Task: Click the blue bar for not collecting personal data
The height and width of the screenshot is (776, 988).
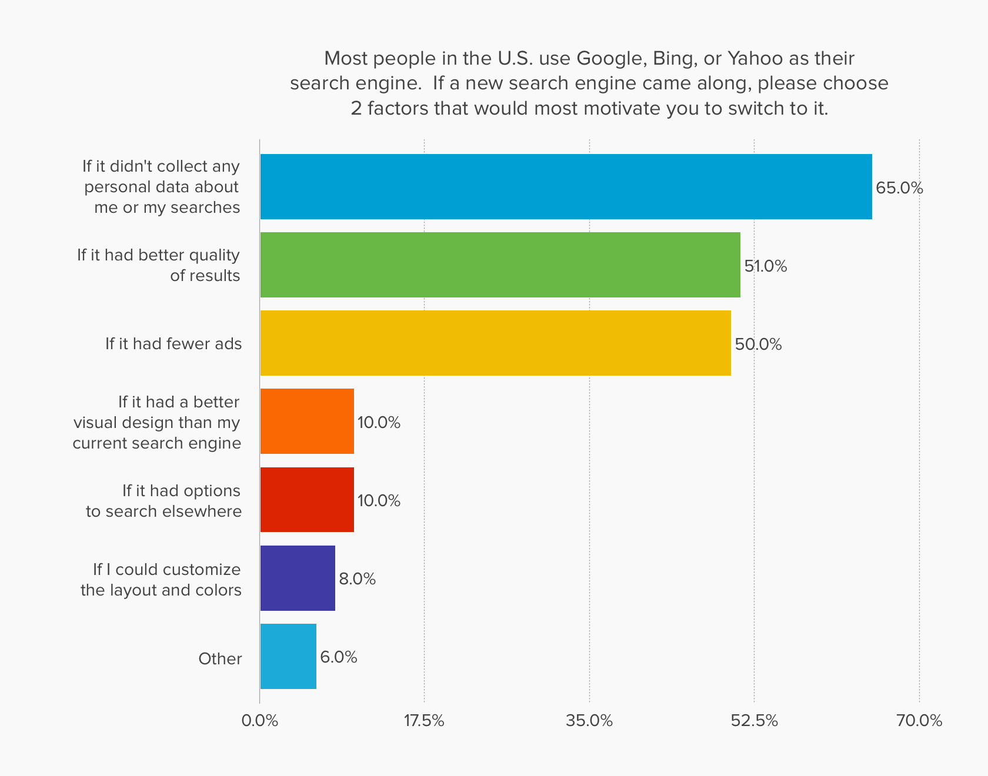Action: click(566, 186)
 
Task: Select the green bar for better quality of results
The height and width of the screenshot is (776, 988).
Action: click(500, 265)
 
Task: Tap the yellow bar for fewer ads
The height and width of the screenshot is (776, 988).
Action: click(495, 343)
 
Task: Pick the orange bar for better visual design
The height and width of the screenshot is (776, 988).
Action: click(307, 421)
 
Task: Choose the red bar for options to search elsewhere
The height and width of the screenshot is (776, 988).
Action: click(307, 500)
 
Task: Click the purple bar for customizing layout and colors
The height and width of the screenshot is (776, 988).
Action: click(298, 578)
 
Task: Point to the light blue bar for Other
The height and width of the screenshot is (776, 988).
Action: click(288, 656)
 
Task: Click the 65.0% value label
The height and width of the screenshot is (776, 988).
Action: click(899, 188)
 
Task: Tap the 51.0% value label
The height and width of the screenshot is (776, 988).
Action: click(765, 266)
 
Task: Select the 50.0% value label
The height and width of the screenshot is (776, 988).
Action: click(758, 344)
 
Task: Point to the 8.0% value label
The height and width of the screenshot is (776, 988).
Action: click(357, 579)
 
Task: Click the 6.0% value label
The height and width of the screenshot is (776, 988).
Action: click(338, 657)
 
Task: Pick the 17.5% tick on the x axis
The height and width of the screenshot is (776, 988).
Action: click(424, 721)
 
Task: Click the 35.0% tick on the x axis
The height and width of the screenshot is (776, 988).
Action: click(589, 721)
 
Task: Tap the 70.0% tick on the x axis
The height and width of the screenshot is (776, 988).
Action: click(919, 721)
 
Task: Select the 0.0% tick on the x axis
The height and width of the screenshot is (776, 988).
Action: click(259, 721)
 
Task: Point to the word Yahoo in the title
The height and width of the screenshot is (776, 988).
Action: click(755, 59)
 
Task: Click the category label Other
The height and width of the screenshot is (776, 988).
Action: click(220, 659)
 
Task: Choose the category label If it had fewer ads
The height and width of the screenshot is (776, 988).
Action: click(173, 344)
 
